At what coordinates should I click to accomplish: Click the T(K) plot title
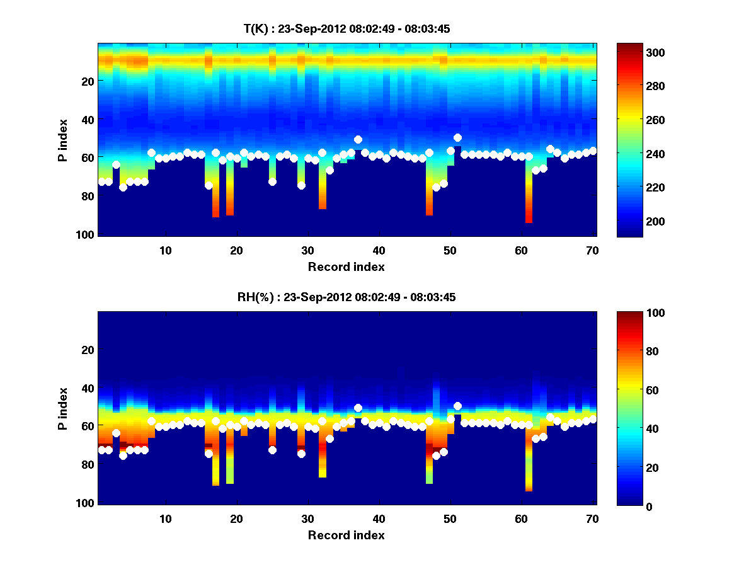[x=346, y=28]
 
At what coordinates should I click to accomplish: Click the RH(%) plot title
[x=346, y=297]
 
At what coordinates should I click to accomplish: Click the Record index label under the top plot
[x=346, y=266]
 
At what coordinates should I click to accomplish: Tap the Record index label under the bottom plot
[x=346, y=535]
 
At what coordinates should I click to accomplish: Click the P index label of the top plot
[x=63, y=140]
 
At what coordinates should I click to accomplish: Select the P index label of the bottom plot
[x=63, y=409]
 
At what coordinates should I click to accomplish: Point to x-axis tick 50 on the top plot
[x=450, y=250]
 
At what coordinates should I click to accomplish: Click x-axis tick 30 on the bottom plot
[x=307, y=518]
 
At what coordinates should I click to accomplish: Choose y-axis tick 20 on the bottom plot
[x=88, y=350]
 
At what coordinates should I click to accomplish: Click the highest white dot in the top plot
[x=457, y=137]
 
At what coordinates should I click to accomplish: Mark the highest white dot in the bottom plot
[x=457, y=406]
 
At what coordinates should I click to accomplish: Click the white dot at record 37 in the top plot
[x=358, y=139]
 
